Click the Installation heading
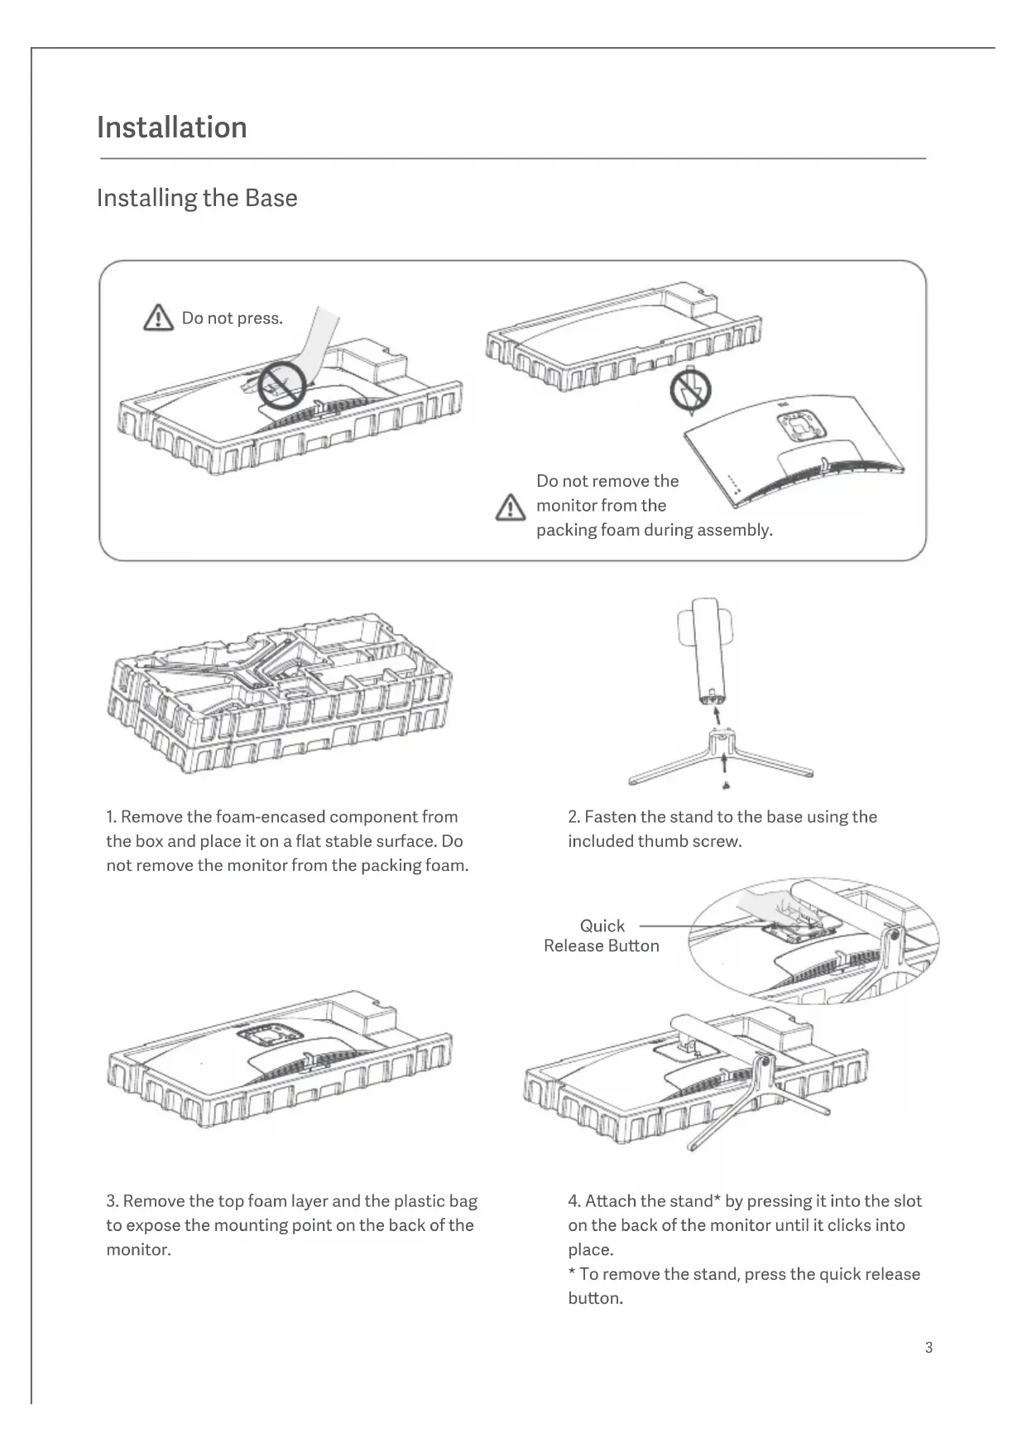pyautogui.click(x=171, y=127)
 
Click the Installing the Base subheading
pyautogui.click(x=197, y=198)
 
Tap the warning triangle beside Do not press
pyautogui.click(x=159, y=318)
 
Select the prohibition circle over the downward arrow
pyautogui.click(x=690, y=391)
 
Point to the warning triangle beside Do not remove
pyautogui.click(x=511, y=507)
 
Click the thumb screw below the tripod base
pyautogui.click(x=725, y=785)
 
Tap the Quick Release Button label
pyautogui.click(x=602, y=936)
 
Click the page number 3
pyautogui.click(x=929, y=1348)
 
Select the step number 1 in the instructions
pyautogui.click(x=111, y=817)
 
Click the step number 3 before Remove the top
pyautogui.click(x=111, y=1201)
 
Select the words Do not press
pyautogui.click(x=233, y=319)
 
